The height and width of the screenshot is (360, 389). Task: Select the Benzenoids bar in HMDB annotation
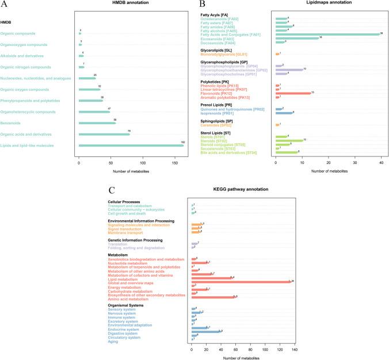[x=97, y=123]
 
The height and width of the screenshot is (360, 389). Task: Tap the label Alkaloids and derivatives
[x=28, y=55]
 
